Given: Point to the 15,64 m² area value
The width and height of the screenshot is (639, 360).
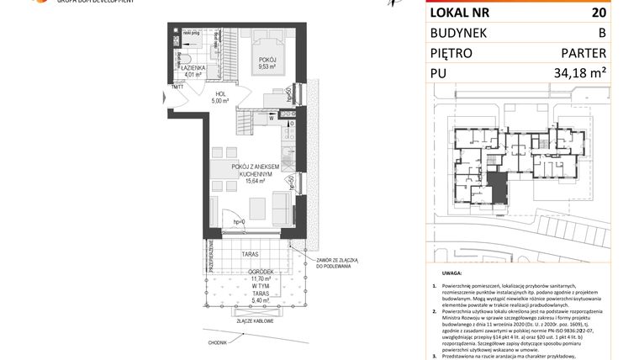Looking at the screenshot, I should pos(256,180).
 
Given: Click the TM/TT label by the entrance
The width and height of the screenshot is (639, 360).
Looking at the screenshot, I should pos(177,86).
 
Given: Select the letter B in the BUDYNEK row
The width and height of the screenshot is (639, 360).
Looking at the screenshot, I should pos(601,33).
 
